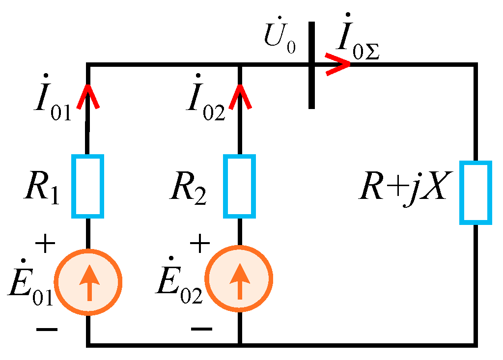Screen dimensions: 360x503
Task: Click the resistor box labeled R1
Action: [88, 186]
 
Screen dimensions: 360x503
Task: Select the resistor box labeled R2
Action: [240, 186]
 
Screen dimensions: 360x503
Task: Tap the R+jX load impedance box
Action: [475, 193]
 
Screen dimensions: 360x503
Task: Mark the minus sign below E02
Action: [201, 329]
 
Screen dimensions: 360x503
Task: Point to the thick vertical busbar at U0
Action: [311, 64]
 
